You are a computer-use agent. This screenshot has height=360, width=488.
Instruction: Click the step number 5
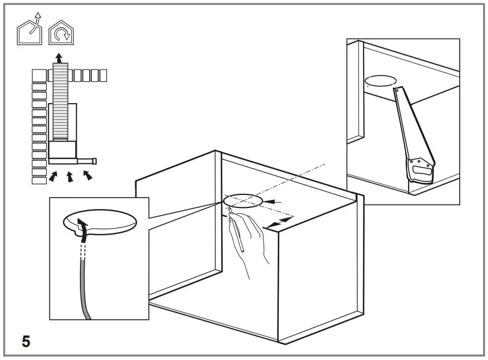[x=26, y=342]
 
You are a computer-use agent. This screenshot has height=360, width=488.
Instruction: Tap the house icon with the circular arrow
[x=62, y=34]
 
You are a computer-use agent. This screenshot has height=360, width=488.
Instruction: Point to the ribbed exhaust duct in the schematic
[x=60, y=100]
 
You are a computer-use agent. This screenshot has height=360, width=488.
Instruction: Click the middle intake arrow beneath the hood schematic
[x=70, y=177]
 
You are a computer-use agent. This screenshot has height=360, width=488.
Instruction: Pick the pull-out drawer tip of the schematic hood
[x=94, y=161]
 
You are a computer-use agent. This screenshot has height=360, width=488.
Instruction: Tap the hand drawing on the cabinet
[x=249, y=239]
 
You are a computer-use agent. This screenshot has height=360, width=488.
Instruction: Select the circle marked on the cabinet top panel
[x=242, y=201]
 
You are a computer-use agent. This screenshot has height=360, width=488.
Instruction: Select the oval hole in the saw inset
[x=380, y=81]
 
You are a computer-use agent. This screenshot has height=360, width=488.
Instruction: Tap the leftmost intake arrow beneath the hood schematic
[x=53, y=176]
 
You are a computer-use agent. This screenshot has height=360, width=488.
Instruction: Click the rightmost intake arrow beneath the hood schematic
[x=87, y=175]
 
